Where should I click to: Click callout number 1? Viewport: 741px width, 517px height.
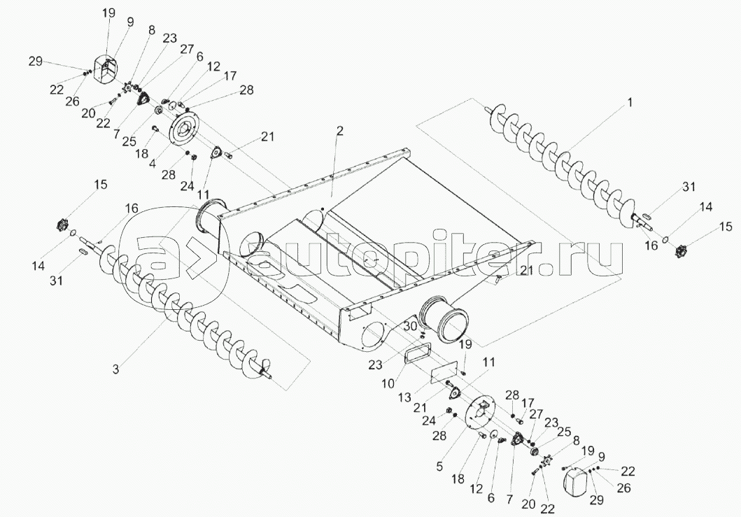pos(629,102)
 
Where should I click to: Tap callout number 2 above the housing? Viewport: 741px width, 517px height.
pos(339,131)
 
